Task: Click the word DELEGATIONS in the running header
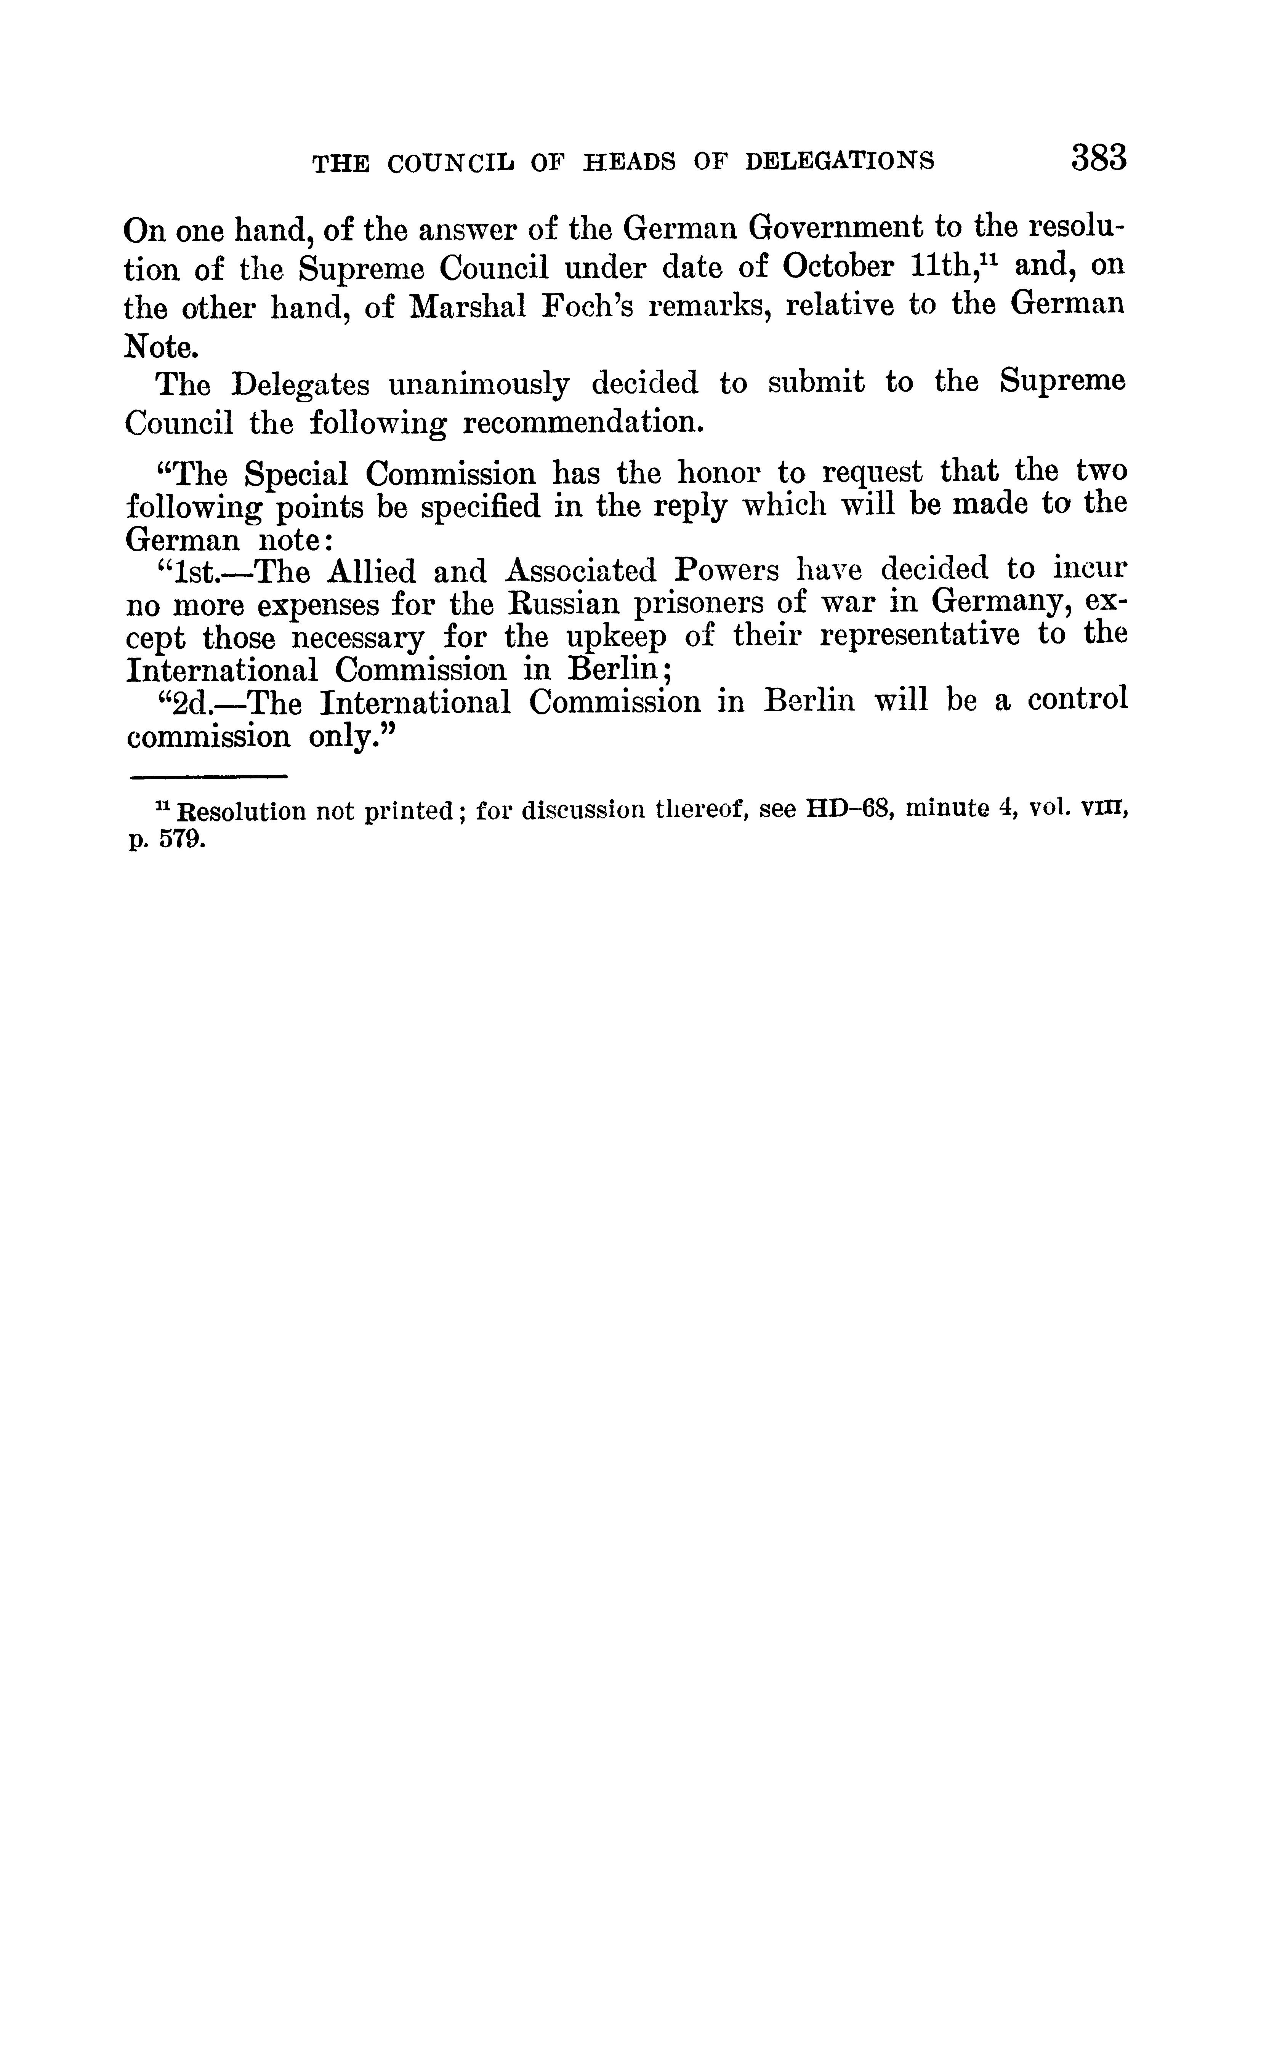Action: tap(840, 162)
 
